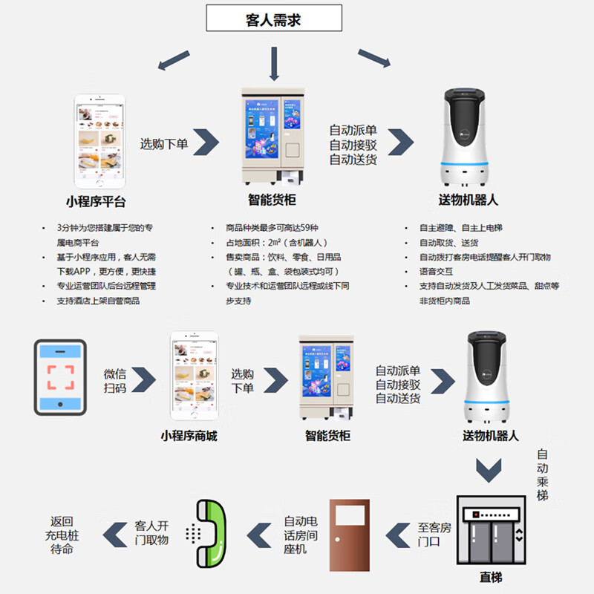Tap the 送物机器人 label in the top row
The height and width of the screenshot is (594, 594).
pos(468,200)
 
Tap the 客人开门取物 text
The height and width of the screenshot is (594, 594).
pos(151,532)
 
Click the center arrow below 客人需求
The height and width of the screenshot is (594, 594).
pos(275,64)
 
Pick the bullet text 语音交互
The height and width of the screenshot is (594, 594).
pos(436,271)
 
